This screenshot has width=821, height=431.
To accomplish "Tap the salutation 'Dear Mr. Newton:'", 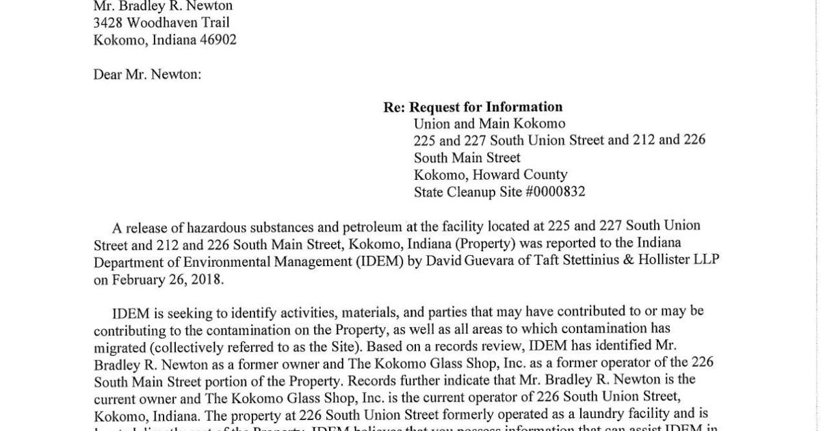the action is (x=147, y=74).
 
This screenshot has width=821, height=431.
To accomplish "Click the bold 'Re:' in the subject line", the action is (x=393, y=107).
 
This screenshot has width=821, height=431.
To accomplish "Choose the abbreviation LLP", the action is (x=705, y=260).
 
